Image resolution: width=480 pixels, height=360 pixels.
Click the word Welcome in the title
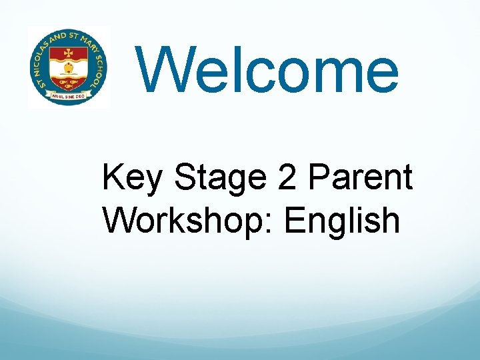pos(269,70)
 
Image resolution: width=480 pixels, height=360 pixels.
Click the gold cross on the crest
pos(67,53)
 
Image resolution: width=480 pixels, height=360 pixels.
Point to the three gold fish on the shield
pos(67,83)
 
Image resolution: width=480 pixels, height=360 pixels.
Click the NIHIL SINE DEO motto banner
pos(67,98)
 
